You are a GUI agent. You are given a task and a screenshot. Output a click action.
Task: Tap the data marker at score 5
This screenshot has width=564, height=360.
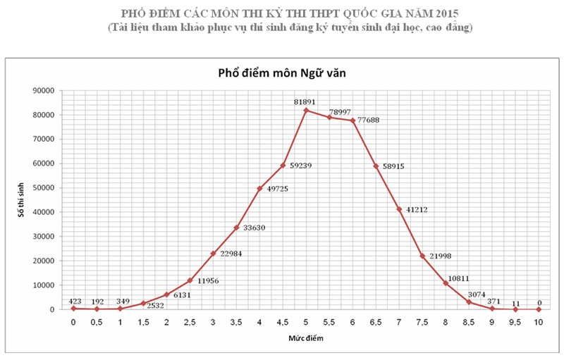[x=306, y=110]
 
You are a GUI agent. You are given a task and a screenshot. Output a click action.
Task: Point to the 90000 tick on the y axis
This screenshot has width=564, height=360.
[x=46, y=90]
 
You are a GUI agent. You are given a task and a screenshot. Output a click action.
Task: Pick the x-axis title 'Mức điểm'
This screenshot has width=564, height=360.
[x=305, y=337]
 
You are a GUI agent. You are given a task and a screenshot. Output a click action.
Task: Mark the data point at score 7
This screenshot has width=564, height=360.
[x=399, y=209]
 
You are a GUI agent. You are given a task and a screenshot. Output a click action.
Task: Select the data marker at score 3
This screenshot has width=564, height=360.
[x=213, y=253]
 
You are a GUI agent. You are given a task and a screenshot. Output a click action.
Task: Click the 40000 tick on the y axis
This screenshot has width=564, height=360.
[x=46, y=212]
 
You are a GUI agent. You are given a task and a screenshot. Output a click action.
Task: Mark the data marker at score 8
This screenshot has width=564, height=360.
[x=446, y=283]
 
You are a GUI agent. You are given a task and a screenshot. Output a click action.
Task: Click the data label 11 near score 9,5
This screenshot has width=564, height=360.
[x=515, y=301]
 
